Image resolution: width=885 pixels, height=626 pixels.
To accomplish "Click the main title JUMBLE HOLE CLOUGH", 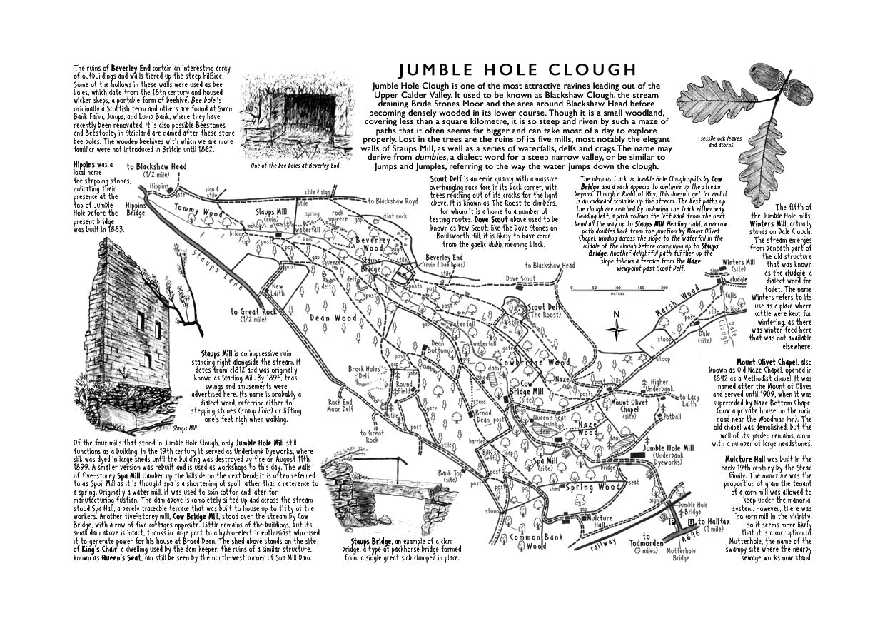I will (x=517, y=69).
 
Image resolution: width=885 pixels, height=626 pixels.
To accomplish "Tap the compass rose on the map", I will (x=617, y=328).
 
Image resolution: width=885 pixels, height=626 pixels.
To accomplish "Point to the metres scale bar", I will (x=618, y=289).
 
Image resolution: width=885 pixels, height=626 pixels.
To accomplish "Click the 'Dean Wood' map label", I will (x=333, y=318).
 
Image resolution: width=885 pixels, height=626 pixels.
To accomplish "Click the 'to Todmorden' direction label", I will (x=647, y=542).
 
